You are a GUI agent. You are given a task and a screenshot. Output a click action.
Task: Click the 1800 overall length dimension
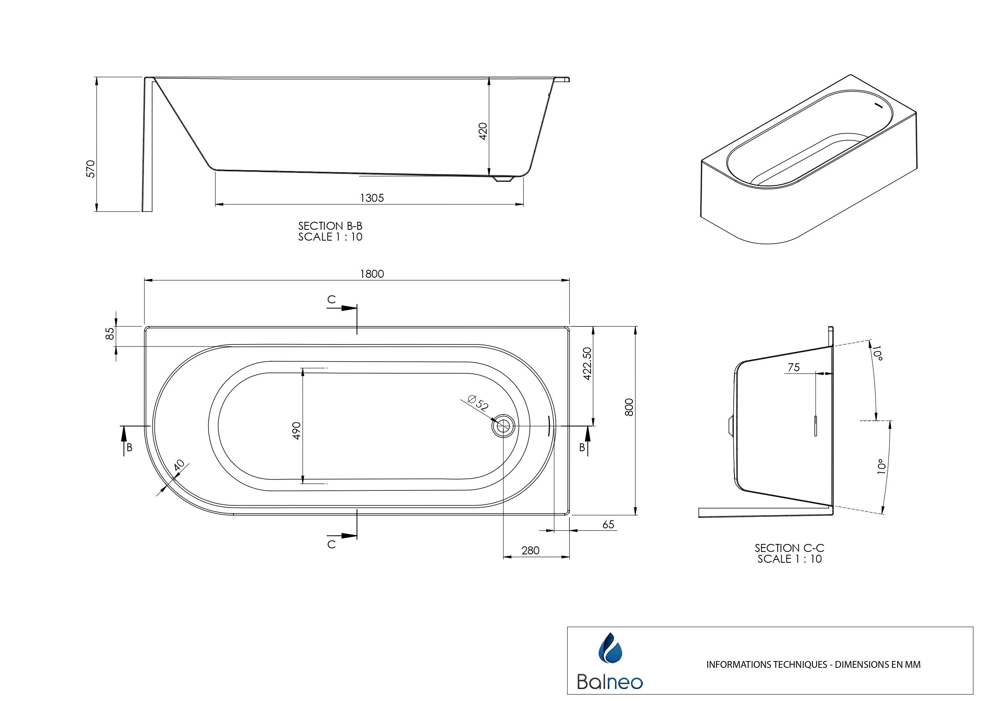point(372,274)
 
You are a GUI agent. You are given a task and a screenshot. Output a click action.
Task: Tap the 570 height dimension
point(91,169)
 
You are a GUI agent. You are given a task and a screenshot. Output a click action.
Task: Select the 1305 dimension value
point(372,198)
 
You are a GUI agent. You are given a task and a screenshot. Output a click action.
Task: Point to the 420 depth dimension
point(483,131)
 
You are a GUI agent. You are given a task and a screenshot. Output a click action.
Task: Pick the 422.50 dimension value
point(587,364)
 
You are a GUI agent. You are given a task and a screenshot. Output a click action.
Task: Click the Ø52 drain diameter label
point(478,402)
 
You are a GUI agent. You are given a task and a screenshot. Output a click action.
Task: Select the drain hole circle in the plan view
point(503,426)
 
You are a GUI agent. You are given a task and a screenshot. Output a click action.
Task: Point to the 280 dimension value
point(531,551)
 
